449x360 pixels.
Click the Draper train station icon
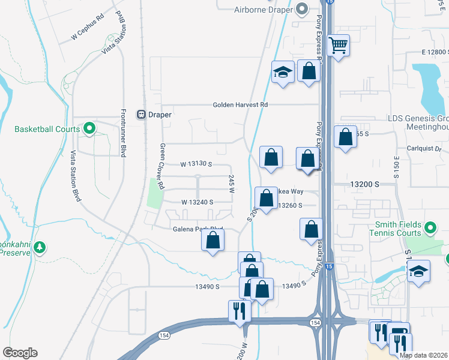tap(142, 114)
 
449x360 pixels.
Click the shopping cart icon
tap(339, 44)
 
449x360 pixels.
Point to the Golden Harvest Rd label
tap(240, 104)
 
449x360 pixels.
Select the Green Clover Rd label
tap(162, 166)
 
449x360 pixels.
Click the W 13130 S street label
tap(196, 164)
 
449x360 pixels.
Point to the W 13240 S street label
tap(197, 202)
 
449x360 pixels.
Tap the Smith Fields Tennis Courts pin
tap(430, 228)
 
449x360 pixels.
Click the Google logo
tap(20, 353)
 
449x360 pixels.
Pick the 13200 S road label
tap(366, 184)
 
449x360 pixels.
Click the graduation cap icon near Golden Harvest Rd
tap(282, 73)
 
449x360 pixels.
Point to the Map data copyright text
tap(423, 355)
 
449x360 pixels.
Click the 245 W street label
tap(231, 184)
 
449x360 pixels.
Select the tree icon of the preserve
tap(40, 247)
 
